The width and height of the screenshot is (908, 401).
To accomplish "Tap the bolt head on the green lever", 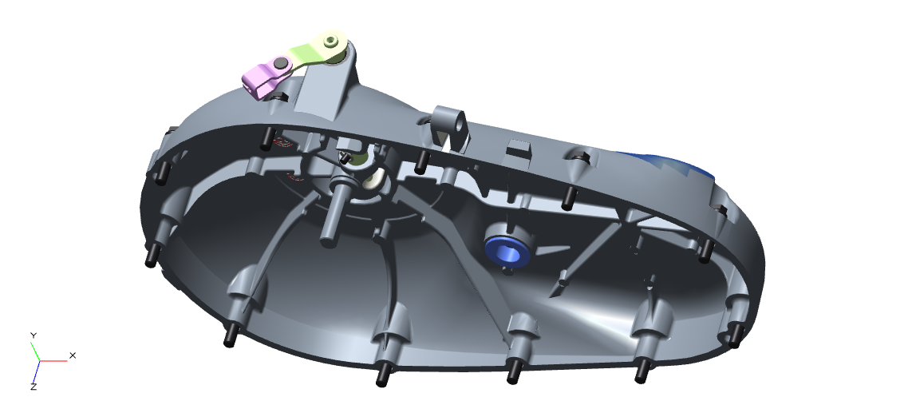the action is click(x=330, y=41).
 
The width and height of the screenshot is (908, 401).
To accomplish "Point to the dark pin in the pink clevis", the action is click(x=281, y=63).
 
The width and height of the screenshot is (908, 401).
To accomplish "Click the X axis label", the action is click(x=73, y=355).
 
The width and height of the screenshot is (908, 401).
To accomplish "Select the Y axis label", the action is click(x=34, y=335).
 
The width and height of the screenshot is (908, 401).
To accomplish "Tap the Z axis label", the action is click(x=34, y=386).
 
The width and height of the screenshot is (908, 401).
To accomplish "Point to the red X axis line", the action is click(x=53, y=360).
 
